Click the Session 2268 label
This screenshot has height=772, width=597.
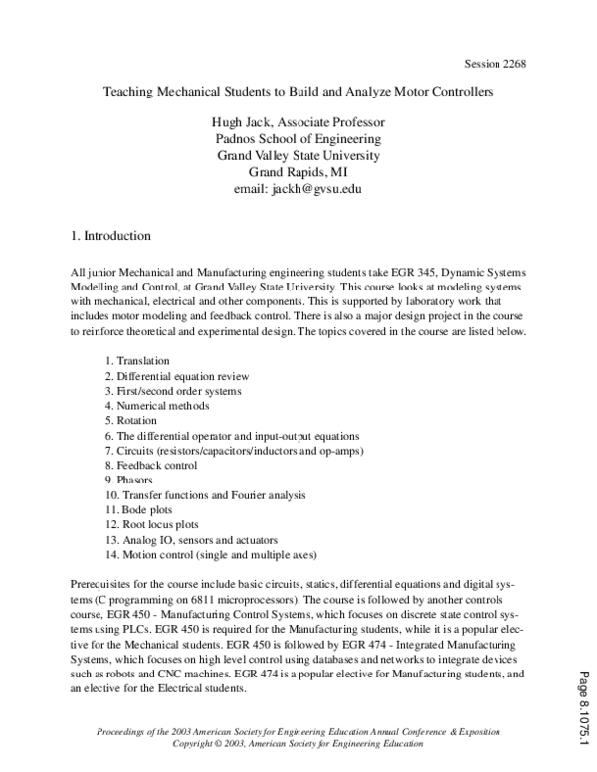click(494, 65)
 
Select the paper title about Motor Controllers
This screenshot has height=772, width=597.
click(298, 91)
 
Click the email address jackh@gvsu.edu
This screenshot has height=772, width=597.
click(298, 188)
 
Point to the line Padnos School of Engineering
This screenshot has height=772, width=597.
click(298, 139)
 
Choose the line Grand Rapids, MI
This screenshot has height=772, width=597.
click(298, 172)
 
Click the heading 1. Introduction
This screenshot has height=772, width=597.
click(110, 237)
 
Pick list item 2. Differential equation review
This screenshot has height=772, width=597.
click(177, 376)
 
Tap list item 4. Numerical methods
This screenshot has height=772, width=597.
click(157, 406)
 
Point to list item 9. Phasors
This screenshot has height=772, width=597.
click(133, 480)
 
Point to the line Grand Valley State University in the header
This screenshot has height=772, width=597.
click(298, 156)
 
